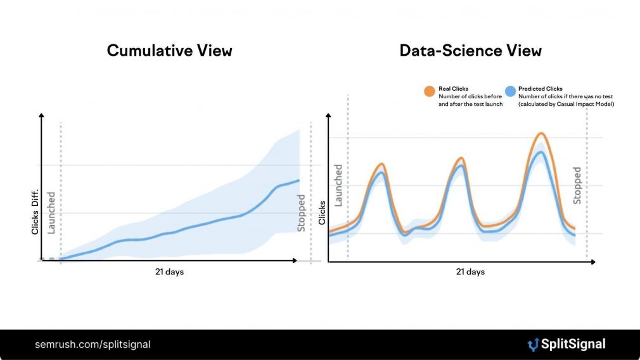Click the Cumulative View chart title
coord(169,51)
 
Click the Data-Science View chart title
coord(470,51)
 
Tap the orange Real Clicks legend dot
coord(430,91)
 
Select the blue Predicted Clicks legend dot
coord(510,91)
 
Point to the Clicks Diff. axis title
coord(35,212)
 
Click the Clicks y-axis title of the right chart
coord(322,213)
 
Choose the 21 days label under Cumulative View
coord(169,272)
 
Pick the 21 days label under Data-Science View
coord(470,272)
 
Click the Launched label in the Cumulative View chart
coord(51,213)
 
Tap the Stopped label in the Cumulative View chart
coord(301,213)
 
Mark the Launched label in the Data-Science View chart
coord(338,185)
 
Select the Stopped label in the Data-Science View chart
coord(577,185)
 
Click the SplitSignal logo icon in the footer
coord(533,345)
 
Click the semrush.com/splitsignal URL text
coord(93,345)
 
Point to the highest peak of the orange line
coord(541,133)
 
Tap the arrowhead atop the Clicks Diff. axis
coord(41,116)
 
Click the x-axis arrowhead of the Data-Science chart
coord(593,262)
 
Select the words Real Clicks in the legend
coord(453,89)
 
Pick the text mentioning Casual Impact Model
coord(566,104)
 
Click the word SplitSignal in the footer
coord(573,345)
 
